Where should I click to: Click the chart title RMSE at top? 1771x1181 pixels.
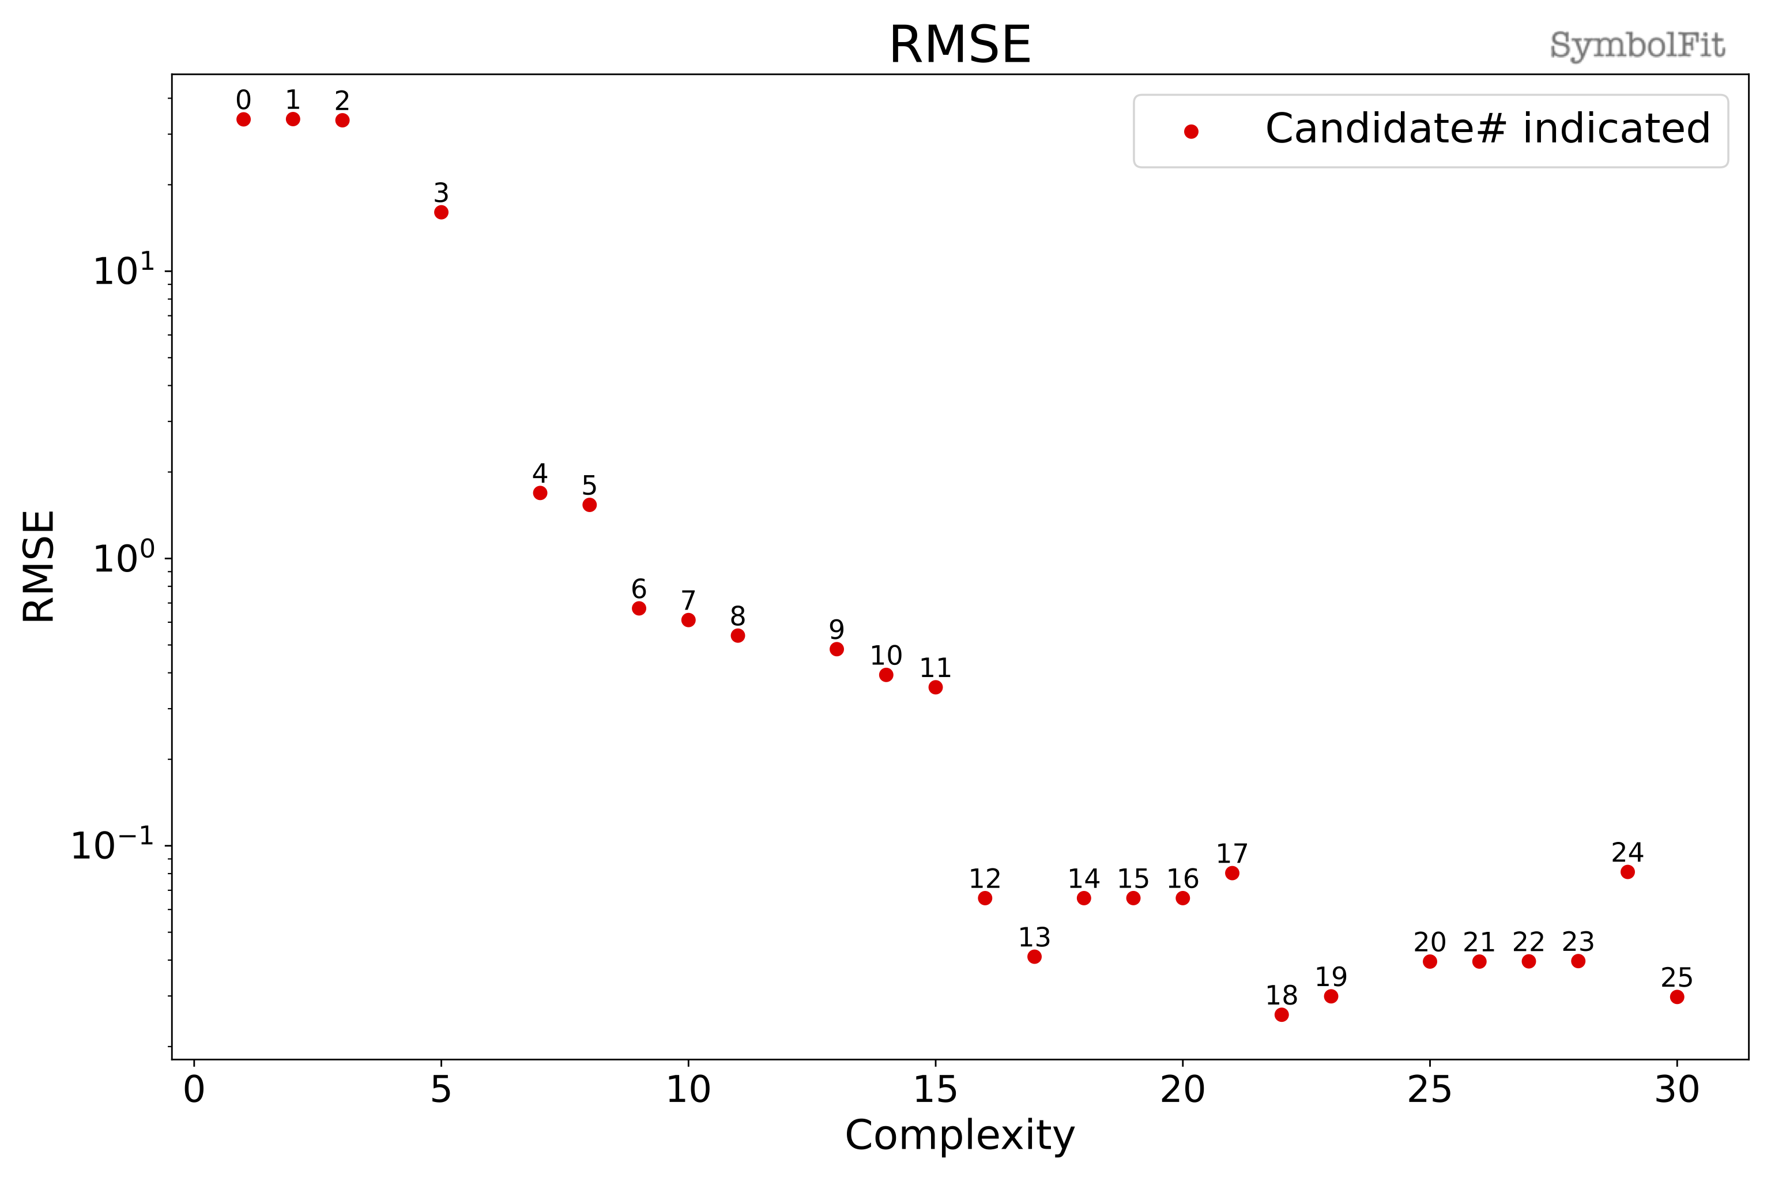point(959,45)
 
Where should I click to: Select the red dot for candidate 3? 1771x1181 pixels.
point(441,212)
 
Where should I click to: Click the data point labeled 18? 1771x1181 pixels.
point(1282,1014)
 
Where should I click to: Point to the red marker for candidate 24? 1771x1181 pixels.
point(1628,871)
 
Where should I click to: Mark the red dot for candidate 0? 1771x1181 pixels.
point(243,119)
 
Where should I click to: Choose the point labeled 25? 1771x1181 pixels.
point(1677,996)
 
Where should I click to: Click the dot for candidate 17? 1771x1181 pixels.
point(1232,873)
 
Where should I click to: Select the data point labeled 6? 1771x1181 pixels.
point(639,608)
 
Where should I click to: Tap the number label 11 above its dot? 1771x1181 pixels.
point(935,667)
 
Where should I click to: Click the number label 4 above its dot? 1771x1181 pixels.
point(540,473)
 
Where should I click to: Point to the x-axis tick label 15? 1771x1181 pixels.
point(935,1090)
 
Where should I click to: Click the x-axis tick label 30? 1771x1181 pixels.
point(1677,1090)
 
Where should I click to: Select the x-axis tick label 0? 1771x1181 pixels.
point(194,1090)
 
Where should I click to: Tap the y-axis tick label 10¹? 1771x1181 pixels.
point(123,271)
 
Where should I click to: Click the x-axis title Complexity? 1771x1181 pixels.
point(959,1136)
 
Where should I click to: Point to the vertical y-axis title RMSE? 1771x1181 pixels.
point(39,566)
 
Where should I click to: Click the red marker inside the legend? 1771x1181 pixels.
point(1191,132)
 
